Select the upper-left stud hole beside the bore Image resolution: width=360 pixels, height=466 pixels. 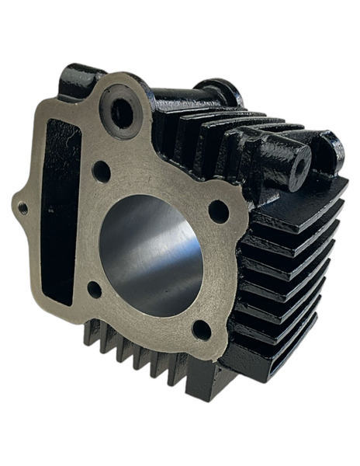click(101, 172)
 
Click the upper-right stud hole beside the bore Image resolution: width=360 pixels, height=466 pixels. click(219, 210)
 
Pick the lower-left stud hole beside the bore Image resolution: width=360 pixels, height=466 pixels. click(95, 290)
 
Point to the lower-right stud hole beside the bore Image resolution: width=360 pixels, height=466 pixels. click(201, 329)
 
